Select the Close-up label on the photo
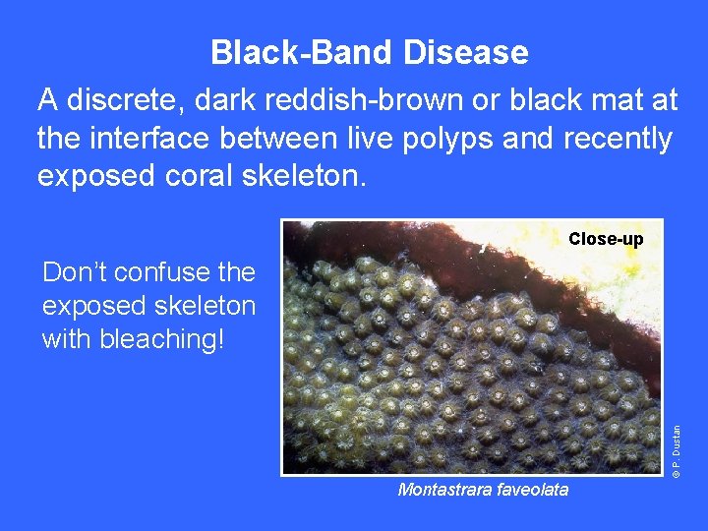606,239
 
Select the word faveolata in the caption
532,489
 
